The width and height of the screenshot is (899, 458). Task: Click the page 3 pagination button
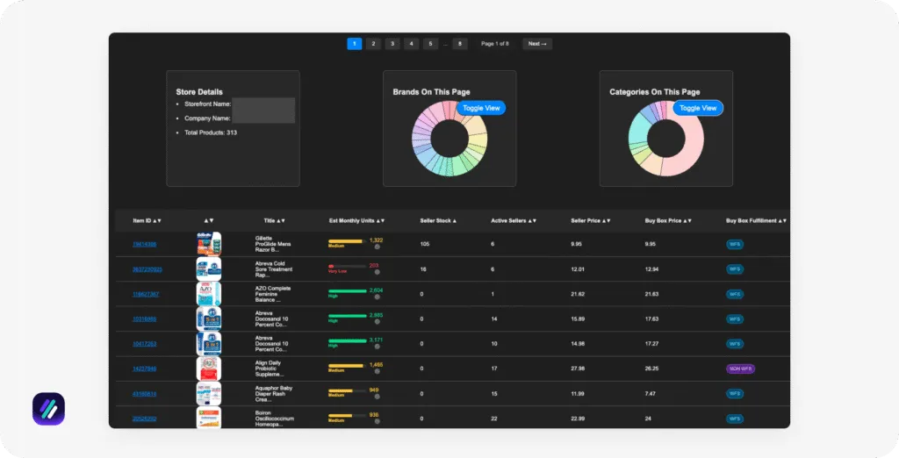coord(392,44)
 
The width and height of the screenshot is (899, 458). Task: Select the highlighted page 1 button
coord(354,44)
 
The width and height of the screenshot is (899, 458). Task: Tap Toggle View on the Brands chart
coord(480,108)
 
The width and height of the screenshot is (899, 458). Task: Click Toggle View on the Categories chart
coord(698,108)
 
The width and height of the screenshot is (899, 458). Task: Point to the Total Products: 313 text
coord(211,132)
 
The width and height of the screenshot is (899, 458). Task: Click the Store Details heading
coord(199,91)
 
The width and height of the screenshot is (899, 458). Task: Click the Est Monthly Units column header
coord(356,220)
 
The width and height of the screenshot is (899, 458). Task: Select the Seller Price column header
coord(590,220)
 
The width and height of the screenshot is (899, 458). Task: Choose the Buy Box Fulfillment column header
coord(756,220)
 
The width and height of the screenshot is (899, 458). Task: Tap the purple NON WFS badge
coord(740,369)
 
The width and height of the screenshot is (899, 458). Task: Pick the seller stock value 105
coord(425,244)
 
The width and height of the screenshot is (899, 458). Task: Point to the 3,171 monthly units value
coord(376,340)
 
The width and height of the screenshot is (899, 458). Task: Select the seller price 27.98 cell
coord(579,369)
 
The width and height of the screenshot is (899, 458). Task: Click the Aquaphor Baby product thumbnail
coord(209,393)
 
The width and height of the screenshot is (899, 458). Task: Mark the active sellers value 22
coord(494,419)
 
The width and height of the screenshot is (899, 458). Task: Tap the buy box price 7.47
coord(652,393)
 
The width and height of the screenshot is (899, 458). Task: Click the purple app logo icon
coord(48,409)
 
